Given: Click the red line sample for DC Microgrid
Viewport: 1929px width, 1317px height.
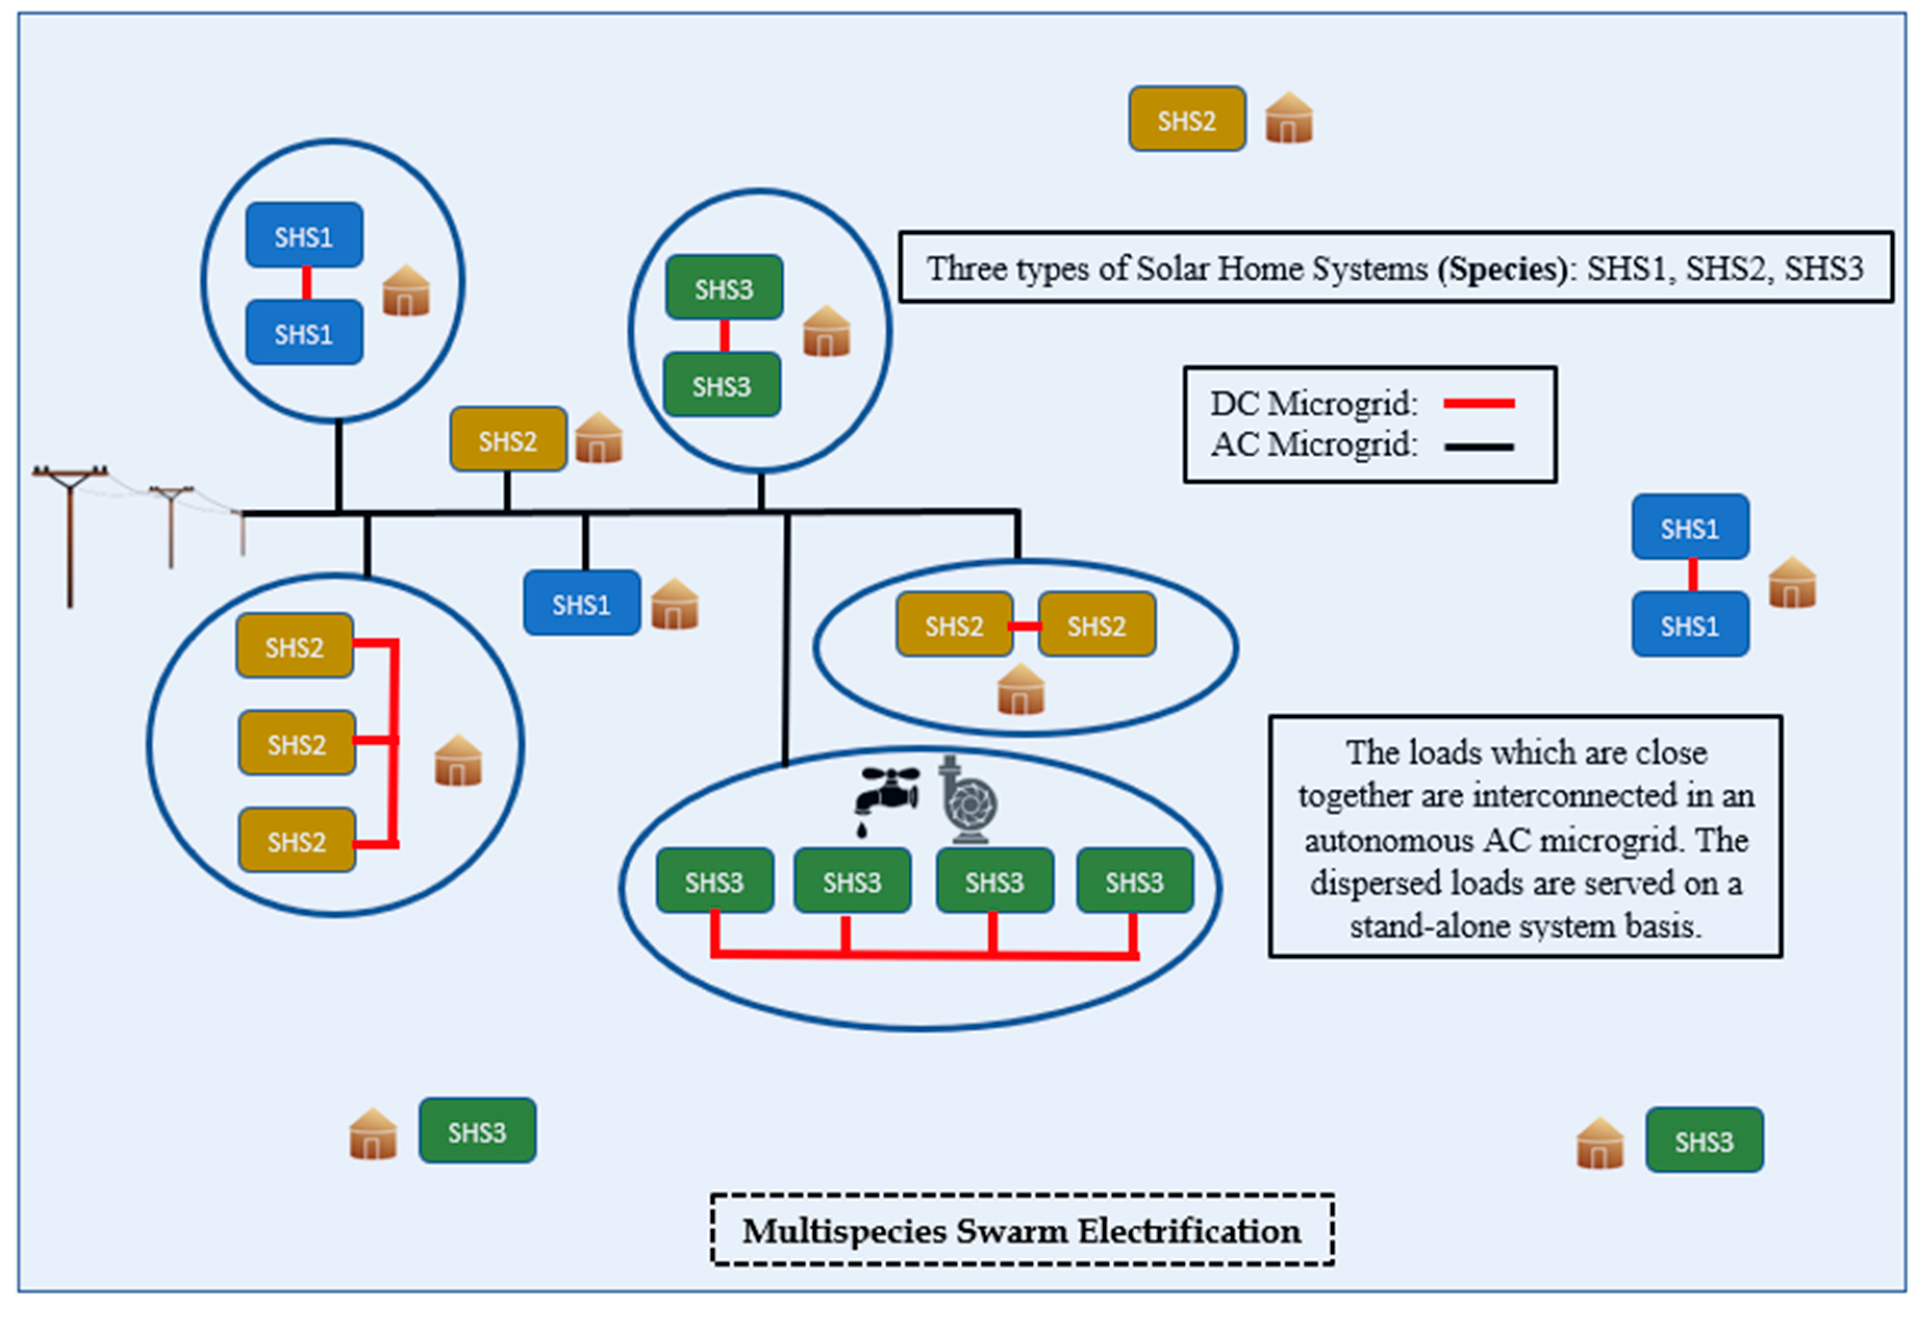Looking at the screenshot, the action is [x=1479, y=404].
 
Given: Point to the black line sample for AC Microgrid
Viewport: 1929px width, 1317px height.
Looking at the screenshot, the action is [x=1479, y=447].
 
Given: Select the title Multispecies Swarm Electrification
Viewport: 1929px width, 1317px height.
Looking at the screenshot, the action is [x=1022, y=1231].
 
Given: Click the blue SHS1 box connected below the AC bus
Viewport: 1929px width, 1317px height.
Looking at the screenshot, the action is [x=582, y=603].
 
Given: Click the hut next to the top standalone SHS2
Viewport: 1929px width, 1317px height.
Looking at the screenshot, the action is [x=1289, y=118].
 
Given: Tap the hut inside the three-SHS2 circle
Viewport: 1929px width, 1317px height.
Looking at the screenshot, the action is [x=458, y=760].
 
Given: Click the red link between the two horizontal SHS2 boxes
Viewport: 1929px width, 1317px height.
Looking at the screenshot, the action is [x=1026, y=625].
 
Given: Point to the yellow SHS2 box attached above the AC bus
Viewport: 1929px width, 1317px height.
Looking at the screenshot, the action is [x=509, y=439].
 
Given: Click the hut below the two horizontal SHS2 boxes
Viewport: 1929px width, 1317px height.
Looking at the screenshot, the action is [x=1021, y=689].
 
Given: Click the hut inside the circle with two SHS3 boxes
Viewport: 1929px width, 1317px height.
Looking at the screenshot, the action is [x=827, y=330].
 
